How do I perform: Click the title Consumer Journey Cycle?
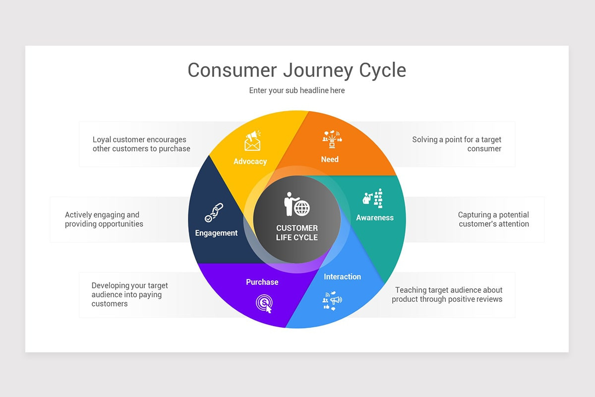[x=297, y=70]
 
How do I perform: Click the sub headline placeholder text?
[x=297, y=90]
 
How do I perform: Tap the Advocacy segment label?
[x=250, y=161]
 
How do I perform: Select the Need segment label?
[x=330, y=159]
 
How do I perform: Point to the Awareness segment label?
[x=375, y=217]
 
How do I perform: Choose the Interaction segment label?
[x=342, y=276]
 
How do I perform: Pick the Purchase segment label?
[x=262, y=282]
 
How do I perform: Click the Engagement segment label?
[x=216, y=233]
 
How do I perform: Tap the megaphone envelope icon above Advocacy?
[x=253, y=140]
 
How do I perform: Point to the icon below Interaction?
[x=332, y=301]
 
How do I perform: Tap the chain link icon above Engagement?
[x=214, y=212]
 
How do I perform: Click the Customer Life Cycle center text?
[x=297, y=233]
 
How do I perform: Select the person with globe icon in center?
[x=297, y=204]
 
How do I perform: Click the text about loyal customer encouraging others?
[x=141, y=144]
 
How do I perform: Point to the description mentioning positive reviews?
[x=447, y=294]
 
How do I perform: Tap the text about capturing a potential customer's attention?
[x=493, y=219]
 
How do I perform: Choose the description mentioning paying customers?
[x=129, y=294]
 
